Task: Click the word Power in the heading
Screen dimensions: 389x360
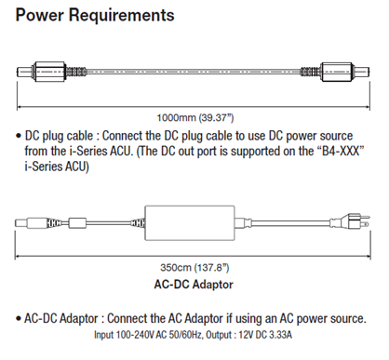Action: click(x=39, y=15)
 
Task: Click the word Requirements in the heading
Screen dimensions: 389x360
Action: click(x=122, y=17)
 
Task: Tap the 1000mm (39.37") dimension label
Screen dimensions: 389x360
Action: click(x=195, y=118)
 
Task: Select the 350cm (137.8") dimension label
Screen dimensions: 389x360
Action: click(x=194, y=268)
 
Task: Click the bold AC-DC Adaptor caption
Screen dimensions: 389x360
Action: click(x=194, y=285)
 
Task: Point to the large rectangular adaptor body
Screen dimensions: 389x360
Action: click(x=190, y=223)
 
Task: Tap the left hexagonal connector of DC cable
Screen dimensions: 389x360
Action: click(x=49, y=72)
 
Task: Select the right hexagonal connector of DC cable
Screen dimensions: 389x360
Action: click(x=337, y=72)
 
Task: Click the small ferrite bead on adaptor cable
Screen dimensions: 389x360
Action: click(x=76, y=223)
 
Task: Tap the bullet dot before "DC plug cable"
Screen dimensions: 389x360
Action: click(x=19, y=136)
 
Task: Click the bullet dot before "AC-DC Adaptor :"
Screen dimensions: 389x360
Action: click(x=19, y=319)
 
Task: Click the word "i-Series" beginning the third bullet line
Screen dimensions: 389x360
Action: click(x=44, y=167)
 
